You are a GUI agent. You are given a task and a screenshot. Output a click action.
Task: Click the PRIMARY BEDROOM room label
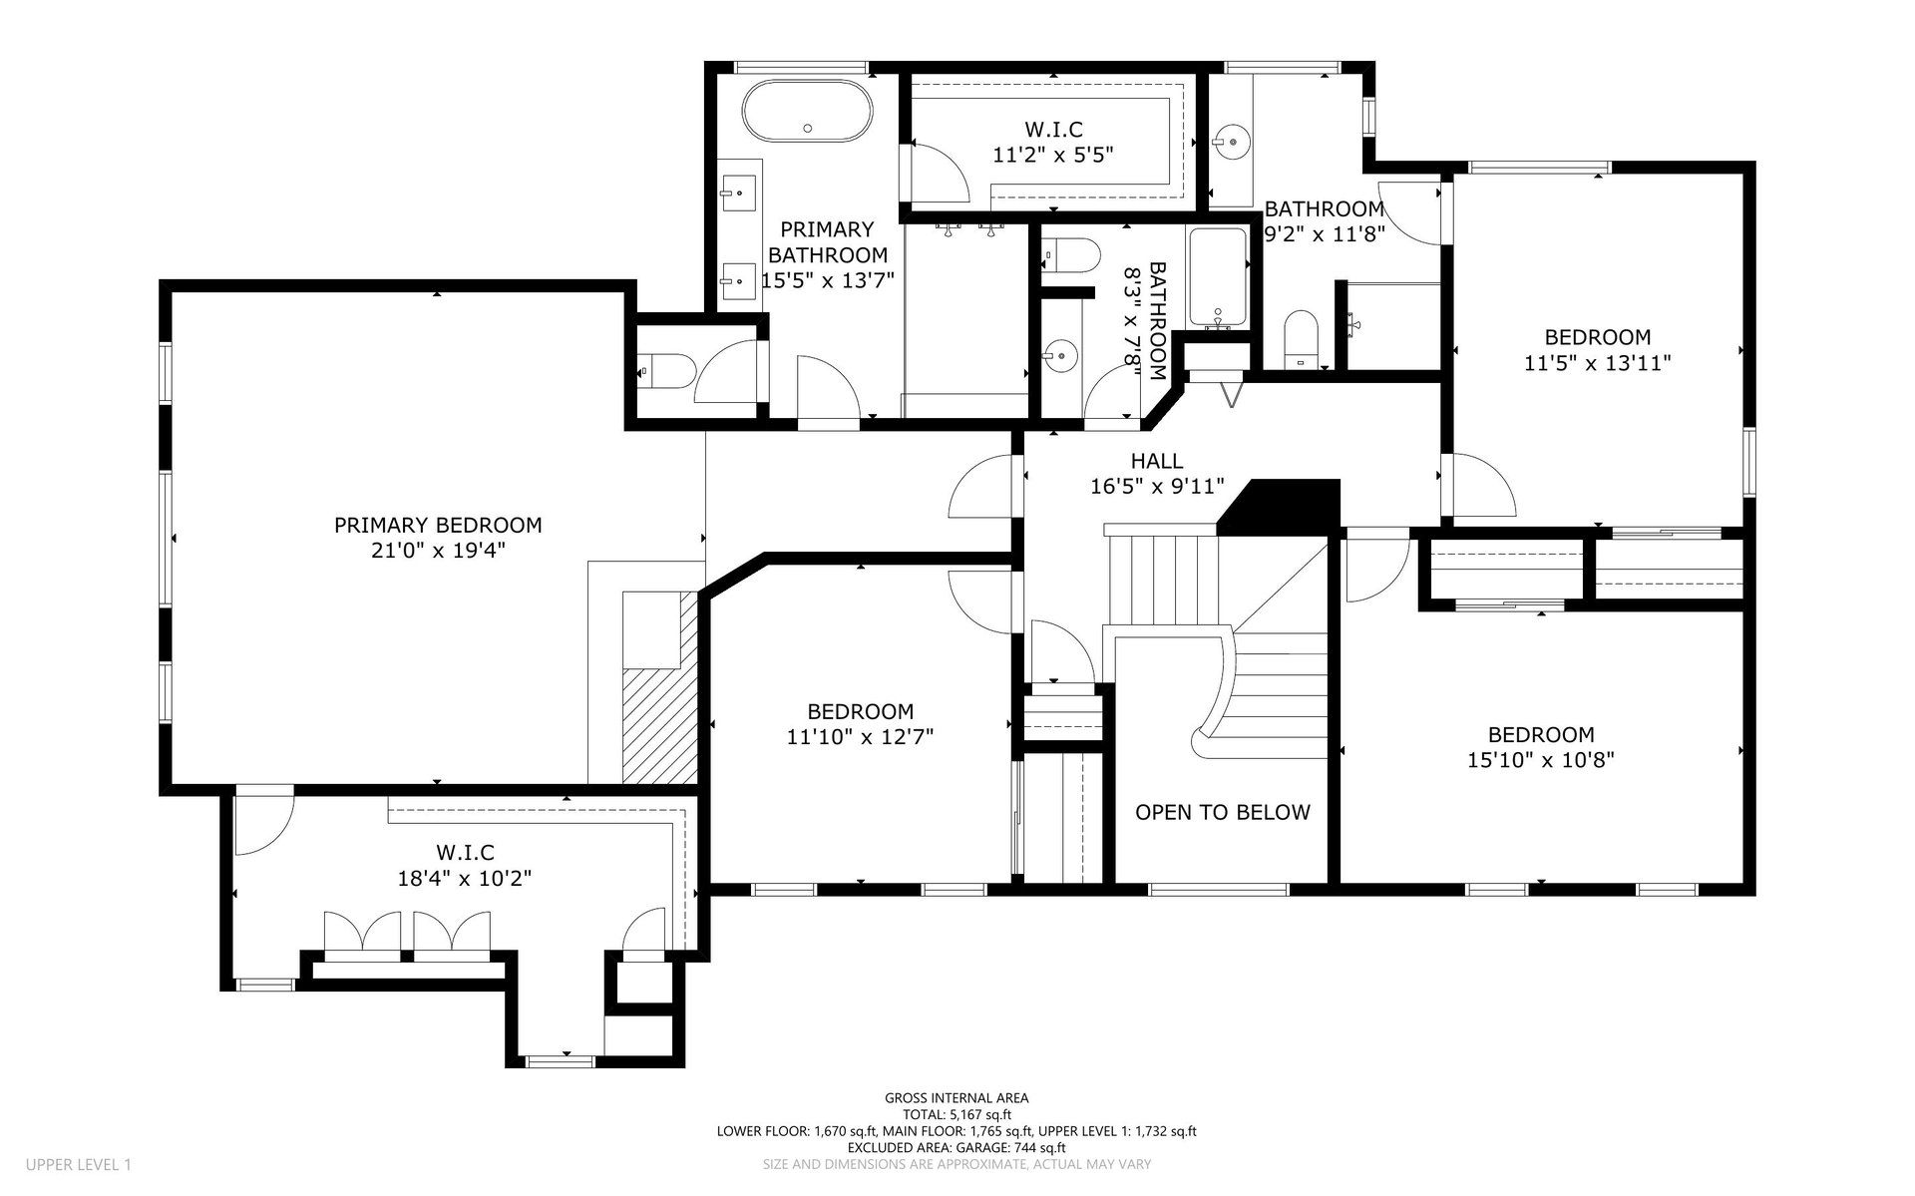click(438, 525)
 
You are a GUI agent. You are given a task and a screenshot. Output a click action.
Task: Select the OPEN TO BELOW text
click(1223, 812)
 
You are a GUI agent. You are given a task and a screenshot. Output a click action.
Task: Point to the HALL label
click(1157, 461)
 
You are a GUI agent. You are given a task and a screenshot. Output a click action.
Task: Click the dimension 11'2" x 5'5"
click(1053, 155)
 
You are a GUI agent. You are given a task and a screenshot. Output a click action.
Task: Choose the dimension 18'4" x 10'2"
click(465, 879)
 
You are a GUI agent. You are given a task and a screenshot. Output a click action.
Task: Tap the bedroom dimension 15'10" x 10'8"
click(1541, 760)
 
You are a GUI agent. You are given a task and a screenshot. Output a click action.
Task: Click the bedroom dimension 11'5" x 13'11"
click(1598, 363)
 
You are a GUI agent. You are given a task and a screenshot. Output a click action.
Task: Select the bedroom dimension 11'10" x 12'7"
click(860, 737)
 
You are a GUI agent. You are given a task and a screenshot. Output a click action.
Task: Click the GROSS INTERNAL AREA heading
click(957, 1098)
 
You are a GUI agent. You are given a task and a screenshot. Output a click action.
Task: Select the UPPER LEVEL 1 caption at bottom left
click(78, 1164)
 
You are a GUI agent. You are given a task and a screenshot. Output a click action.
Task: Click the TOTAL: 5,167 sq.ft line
click(957, 1115)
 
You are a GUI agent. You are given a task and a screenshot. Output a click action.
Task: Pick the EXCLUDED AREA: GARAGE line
click(957, 1147)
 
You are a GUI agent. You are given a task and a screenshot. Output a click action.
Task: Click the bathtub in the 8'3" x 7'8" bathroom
click(1217, 276)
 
